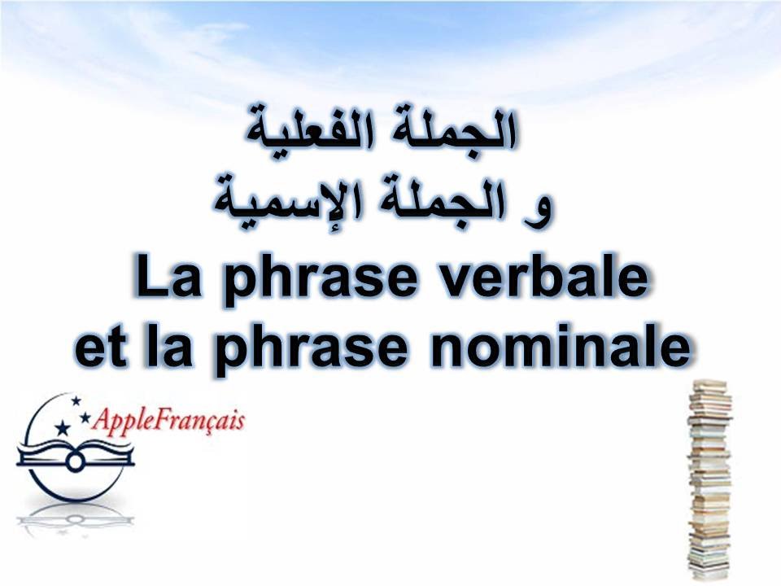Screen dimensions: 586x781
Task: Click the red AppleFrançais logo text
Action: click(169, 422)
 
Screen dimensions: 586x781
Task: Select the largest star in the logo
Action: click(63, 429)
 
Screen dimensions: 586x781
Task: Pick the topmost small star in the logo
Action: click(76, 400)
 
